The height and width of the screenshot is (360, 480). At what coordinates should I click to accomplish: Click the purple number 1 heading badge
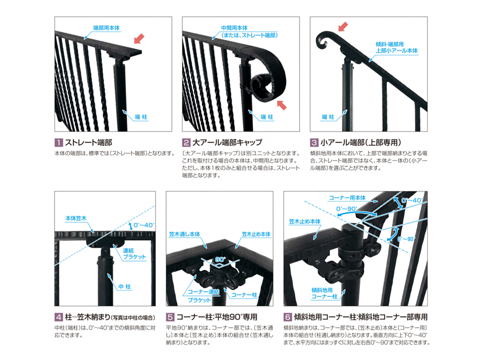tap(59, 143)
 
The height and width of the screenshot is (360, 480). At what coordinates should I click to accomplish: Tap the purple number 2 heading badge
tap(186, 143)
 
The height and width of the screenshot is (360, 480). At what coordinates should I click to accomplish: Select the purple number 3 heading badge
tap(314, 143)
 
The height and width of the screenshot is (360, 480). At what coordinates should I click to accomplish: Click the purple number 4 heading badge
tap(59, 317)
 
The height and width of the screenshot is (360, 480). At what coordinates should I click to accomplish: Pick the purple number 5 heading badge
tap(170, 317)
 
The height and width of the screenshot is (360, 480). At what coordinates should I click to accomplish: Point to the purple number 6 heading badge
tap(288, 317)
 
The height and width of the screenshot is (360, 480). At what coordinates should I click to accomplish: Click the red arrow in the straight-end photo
tap(139, 39)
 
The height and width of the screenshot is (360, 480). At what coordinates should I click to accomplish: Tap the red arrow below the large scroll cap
tap(282, 105)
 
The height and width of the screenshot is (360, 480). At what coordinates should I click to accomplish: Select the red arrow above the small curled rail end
tap(343, 27)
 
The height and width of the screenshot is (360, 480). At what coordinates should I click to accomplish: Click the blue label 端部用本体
tap(106, 28)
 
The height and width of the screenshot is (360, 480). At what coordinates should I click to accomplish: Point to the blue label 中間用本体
tap(234, 28)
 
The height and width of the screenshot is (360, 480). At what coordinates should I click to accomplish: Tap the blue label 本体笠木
tap(76, 218)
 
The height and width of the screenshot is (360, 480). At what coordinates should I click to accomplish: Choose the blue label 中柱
tap(124, 286)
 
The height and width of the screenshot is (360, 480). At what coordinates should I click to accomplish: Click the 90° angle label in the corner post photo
tap(220, 260)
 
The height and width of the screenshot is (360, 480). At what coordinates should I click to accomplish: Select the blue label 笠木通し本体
tap(184, 234)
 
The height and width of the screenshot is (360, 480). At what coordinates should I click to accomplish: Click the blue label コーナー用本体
tap(347, 198)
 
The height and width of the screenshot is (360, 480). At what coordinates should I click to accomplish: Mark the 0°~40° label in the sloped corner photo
tap(412, 200)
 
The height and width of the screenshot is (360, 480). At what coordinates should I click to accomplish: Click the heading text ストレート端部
tap(88, 143)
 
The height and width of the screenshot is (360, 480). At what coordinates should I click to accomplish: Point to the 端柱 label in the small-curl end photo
tap(328, 117)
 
